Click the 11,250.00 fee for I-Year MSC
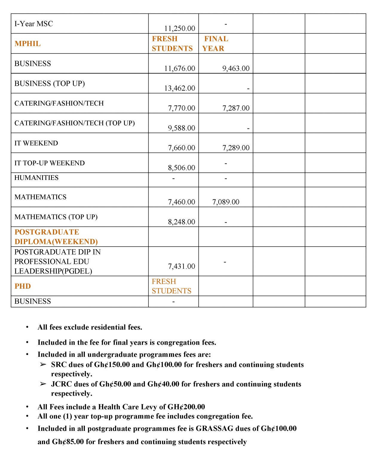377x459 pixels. [179, 28]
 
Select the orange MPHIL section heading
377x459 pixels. [27, 44]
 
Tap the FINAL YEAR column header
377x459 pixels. [215, 44]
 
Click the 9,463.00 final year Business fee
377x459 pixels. [236, 68]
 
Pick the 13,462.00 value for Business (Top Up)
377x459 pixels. [179, 88]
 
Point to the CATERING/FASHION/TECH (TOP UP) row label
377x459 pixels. [74, 123]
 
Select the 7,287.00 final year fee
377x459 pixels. [236, 108]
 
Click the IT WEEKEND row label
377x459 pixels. [36, 143]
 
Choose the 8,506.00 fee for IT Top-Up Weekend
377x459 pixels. [181, 168]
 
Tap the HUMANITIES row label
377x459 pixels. [36, 178]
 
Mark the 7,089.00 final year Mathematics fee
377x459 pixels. [226, 202]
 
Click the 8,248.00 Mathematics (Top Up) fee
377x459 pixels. [181, 222]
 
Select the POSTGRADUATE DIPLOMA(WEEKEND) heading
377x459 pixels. [56, 237]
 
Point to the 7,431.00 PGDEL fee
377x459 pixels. [181, 266]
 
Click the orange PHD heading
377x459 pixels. [23, 286]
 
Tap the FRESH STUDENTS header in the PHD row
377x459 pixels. [171, 286]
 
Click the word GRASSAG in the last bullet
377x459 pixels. [214, 429]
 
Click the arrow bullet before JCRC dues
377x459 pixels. [43, 384]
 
